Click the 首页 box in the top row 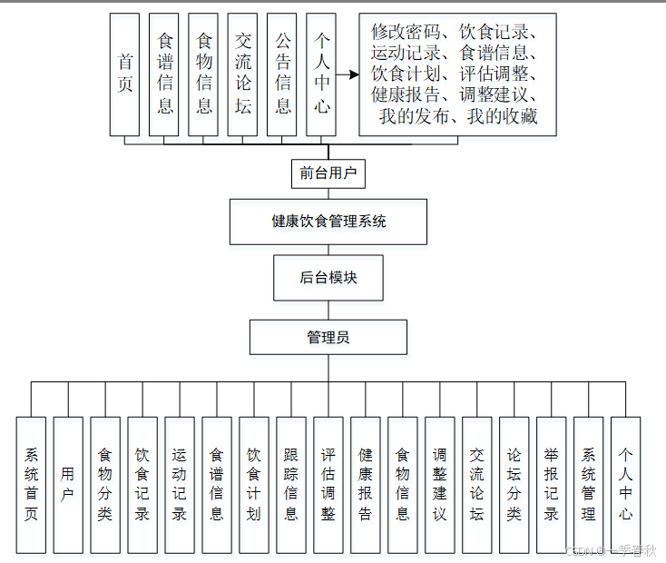[x=124, y=74]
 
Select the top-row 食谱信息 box [x=164, y=74]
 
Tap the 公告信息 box [x=282, y=74]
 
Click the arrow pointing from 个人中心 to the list [x=347, y=75]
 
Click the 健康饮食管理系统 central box [x=328, y=222]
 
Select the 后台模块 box [x=328, y=278]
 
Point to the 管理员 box [x=328, y=338]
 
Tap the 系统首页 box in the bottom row [x=31, y=485]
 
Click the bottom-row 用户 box [x=68, y=485]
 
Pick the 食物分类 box [x=105, y=485]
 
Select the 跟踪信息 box [x=291, y=485]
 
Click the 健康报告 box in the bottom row [x=366, y=485]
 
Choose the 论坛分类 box [x=514, y=485]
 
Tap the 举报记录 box [x=552, y=485]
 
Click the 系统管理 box [x=589, y=485]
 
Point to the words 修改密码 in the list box [x=406, y=31]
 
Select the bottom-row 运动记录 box [x=180, y=485]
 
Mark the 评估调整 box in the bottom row [x=328, y=485]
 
